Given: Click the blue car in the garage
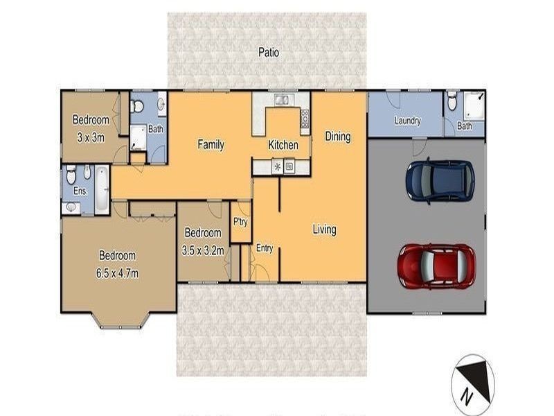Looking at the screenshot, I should (439, 180).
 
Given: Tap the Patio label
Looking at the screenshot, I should (269, 52).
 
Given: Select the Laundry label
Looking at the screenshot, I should (408, 121).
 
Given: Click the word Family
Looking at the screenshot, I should (211, 145).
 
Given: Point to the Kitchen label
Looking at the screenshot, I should (283, 146).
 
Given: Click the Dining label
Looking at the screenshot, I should (338, 137).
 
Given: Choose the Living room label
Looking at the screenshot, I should (323, 229).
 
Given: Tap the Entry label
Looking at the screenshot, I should (265, 248).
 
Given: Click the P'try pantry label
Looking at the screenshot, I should (240, 222).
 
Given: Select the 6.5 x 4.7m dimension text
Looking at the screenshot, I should (117, 273).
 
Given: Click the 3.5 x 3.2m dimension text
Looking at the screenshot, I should (202, 250).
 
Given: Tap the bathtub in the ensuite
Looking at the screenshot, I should (101, 190).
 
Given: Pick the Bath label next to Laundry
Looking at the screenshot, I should (464, 126).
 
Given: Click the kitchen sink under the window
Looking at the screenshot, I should (282, 101).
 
